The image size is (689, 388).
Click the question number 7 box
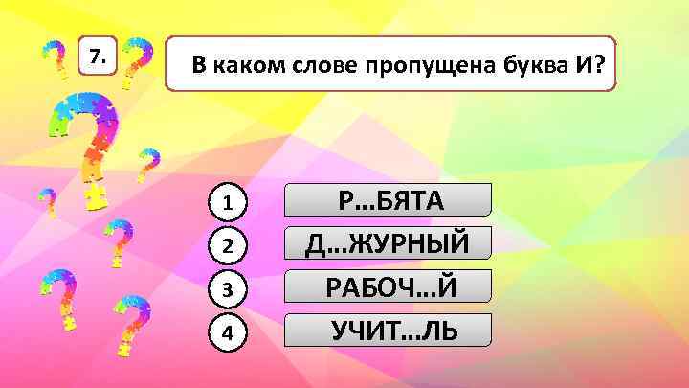click(x=97, y=58)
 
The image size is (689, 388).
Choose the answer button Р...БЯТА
click(x=390, y=200)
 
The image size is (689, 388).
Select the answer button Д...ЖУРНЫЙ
click(x=390, y=243)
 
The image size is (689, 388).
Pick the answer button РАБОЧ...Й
click(x=390, y=286)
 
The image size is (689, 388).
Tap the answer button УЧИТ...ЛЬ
click(x=390, y=331)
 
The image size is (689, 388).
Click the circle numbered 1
click(x=228, y=203)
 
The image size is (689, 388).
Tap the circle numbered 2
click(x=228, y=246)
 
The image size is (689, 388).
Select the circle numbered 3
click(x=228, y=289)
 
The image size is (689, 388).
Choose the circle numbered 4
click(x=228, y=332)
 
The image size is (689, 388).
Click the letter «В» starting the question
click(x=197, y=65)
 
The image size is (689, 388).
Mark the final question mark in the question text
click(x=600, y=64)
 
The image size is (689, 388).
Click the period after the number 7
click(x=104, y=62)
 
